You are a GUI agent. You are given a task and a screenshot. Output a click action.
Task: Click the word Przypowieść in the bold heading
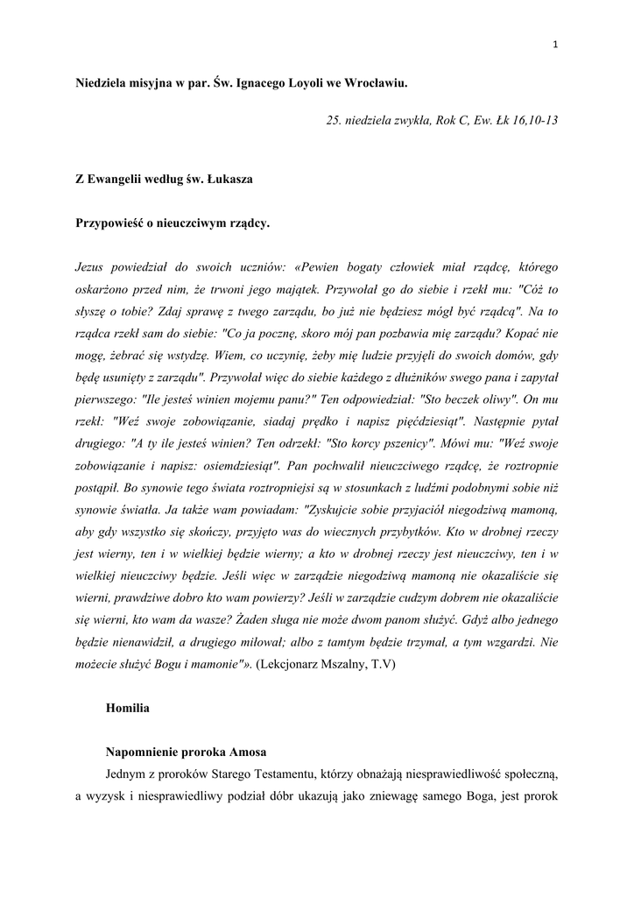109,223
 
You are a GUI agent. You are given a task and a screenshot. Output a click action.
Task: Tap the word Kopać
522,333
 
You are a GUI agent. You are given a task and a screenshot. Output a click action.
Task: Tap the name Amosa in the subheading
248,752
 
